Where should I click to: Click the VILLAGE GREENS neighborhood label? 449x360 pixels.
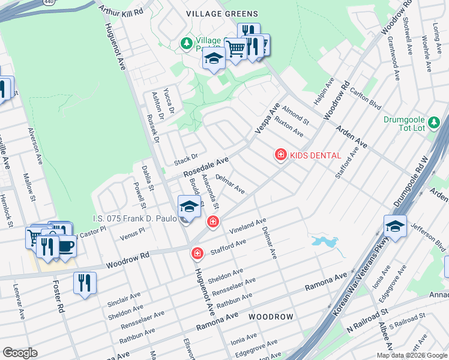pyautogui.click(x=222, y=14)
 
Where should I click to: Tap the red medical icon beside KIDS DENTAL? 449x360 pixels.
pyautogui.click(x=280, y=155)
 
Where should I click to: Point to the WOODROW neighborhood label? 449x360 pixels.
pyautogui.click(x=271, y=316)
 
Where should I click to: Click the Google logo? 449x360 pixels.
pyautogui.click(x=20, y=353)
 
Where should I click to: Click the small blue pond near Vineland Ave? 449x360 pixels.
pyautogui.click(x=324, y=242)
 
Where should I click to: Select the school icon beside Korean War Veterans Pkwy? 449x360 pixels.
pyautogui.click(x=396, y=226)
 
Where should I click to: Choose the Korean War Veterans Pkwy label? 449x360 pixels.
pyautogui.click(x=363, y=285)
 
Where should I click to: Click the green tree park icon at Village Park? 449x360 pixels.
pyautogui.click(x=186, y=43)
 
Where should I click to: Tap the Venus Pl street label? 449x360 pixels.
pyautogui.click(x=133, y=232)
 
